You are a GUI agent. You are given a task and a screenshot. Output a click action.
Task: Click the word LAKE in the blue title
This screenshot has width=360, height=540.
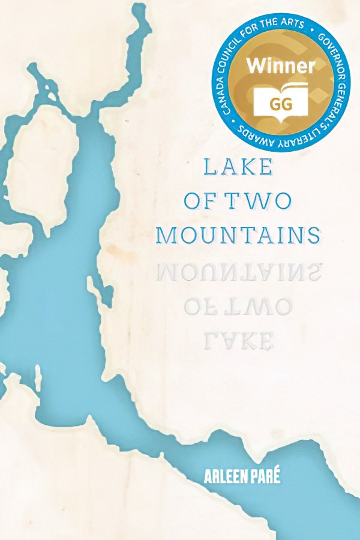[x=238, y=166]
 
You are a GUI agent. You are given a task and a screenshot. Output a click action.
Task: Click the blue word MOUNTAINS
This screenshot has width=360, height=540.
[x=238, y=235]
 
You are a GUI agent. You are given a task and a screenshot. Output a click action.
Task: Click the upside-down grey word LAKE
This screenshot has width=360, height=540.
[x=238, y=341]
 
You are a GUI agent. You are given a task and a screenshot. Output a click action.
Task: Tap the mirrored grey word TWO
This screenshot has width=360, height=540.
[x=259, y=307]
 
